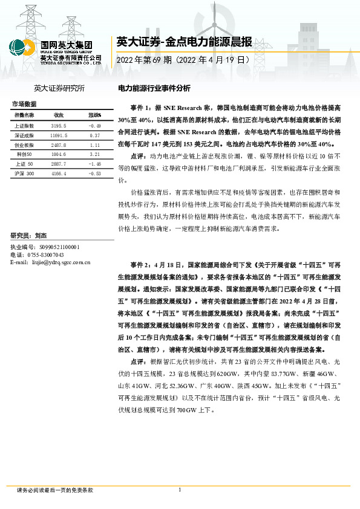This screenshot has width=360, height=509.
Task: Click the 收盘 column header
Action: click(x=59, y=115)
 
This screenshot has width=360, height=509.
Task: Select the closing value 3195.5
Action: click(x=59, y=125)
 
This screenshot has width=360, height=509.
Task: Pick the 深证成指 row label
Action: click(x=24, y=135)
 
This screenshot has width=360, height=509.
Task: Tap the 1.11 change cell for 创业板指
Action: click(x=94, y=145)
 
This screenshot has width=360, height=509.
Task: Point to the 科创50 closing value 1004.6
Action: click(x=59, y=155)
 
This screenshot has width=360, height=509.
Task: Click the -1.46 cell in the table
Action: click(x=94, y=164)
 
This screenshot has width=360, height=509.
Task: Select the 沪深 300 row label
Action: click(x=25, y=173)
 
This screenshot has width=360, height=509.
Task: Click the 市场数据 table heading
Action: click(x=24, y=104)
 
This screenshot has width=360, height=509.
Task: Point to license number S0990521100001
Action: click(x=54, y=247)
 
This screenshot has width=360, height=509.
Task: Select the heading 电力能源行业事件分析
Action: click(x=154, y=88)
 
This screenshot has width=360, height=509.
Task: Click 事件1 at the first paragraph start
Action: click(x=141, y=107)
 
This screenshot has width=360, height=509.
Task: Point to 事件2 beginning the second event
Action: click(x=141, y=265)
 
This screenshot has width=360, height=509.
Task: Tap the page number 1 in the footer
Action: click(x=180, y=490)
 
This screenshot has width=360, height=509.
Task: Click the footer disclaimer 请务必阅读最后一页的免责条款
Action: click(x=55, y=490)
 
